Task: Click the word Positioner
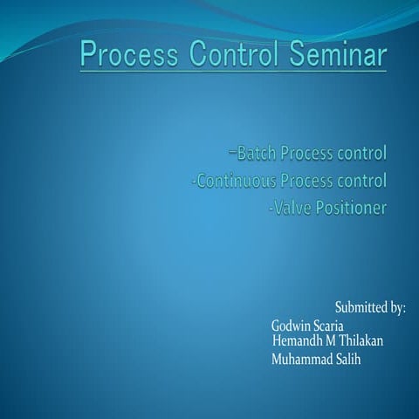pos(352,209)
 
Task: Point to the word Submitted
pos(361,307)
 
